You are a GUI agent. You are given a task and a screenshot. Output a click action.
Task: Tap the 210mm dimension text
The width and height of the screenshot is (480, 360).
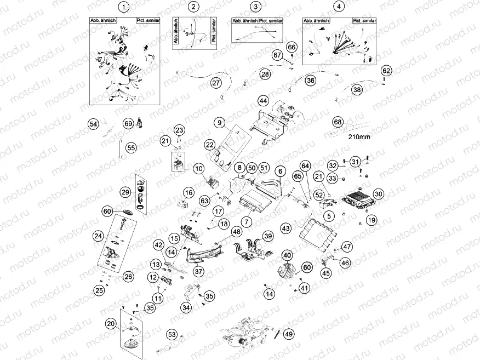(x=357, y=137)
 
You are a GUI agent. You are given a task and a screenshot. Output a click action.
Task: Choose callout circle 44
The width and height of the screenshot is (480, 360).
(x=264, y=101)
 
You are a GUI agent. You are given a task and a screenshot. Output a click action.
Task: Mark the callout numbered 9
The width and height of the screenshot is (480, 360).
(x=220, y=122)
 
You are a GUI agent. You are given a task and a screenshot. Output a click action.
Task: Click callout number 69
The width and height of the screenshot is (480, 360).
(x=128, y=123)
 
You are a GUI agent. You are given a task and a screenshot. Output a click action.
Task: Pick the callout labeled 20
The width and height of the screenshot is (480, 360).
(x=111, y=324)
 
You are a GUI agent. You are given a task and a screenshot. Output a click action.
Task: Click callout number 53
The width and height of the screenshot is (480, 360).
(x=172, y=334)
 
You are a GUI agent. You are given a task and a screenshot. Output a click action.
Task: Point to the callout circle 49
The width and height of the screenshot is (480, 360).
(x=289, y=334)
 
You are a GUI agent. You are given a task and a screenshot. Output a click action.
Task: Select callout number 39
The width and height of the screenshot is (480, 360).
(x=267, y=236)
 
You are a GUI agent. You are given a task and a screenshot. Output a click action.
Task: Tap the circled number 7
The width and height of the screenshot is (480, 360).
(x=247, y=222)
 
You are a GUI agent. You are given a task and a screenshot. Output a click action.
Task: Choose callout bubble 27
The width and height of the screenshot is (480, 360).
(x=215, y=83)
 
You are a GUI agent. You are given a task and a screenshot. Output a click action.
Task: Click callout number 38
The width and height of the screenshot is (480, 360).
(x=357, y=89)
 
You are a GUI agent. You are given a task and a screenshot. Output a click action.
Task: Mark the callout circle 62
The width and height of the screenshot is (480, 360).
(x=387, y=71)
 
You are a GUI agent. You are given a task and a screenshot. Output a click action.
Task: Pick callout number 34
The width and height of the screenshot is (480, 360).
(x=186, y=308)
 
